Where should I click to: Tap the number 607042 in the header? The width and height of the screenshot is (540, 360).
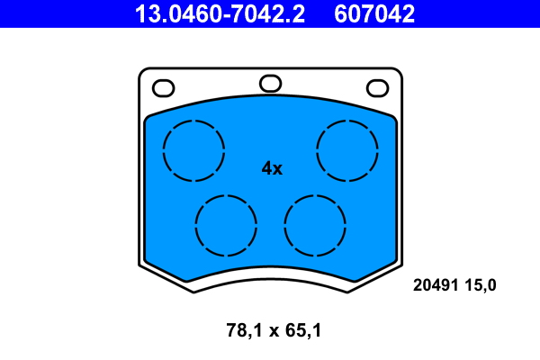374,13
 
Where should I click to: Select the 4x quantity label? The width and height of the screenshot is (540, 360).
272,168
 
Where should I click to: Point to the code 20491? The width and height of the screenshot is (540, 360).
434,285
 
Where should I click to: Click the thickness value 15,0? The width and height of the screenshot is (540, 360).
480,285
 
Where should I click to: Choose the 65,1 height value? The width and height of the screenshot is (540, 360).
302,330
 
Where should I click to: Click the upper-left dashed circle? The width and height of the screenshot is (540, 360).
194,149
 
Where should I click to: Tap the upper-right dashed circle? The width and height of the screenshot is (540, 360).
347,149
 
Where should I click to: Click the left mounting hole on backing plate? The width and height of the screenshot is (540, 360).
164,88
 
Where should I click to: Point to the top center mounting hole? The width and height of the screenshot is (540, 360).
270,84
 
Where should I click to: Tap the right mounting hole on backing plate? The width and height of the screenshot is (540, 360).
377,88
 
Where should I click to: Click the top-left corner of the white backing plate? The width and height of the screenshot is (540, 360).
140,72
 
